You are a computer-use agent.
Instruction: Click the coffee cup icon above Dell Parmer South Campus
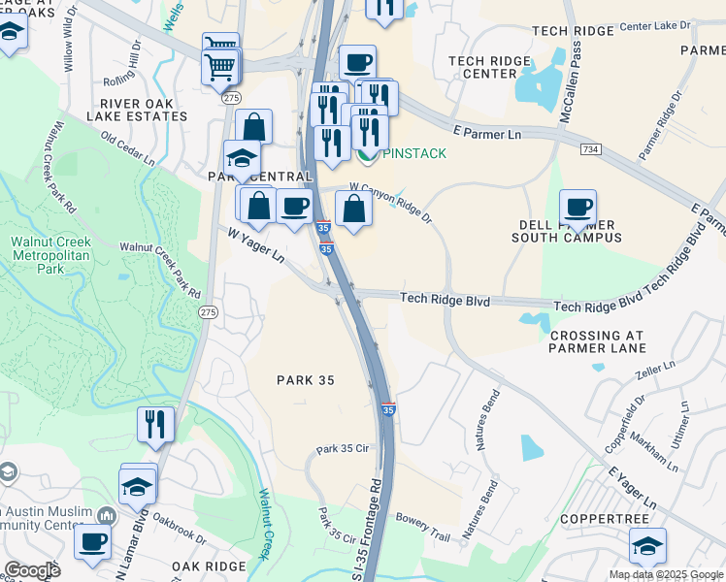click(x=577, y=206)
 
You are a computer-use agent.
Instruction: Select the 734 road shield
click(x=589, y=148)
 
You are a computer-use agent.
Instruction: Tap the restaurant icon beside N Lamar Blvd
click(x=155, y=423)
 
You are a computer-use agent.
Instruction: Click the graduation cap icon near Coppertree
click(x=647, y=545)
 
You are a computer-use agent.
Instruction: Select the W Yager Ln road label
click(x=256, y=245)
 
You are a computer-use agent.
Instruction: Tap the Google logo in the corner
click(x=32, y=570)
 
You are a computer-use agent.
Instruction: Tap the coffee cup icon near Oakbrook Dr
click(x=93, y=540)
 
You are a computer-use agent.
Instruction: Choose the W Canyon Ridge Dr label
click(x=391, y=202)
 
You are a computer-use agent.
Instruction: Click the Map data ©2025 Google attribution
click(x=665, y=574)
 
